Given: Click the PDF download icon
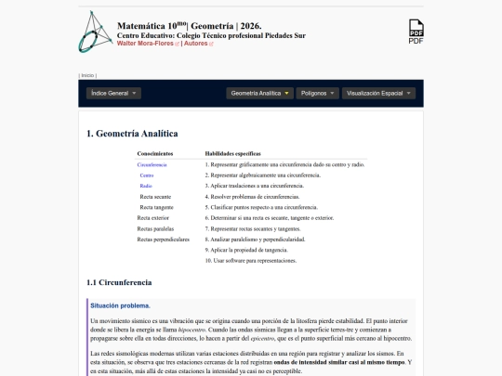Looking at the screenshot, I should (416, 31).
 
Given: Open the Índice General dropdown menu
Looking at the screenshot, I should (113, 94).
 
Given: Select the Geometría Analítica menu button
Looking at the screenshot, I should (259, 94).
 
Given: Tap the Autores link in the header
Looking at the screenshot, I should (197, 44).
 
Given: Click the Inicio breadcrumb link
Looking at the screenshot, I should (87, 74).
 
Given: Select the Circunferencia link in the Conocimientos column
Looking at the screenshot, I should (152, 163).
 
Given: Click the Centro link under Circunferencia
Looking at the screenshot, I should (147, 175).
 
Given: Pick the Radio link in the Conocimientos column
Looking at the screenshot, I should (147, 186).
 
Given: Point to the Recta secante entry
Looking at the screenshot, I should (155, 196).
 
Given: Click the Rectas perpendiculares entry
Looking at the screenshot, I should (163, 240).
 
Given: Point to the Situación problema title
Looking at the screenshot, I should (119, 305).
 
